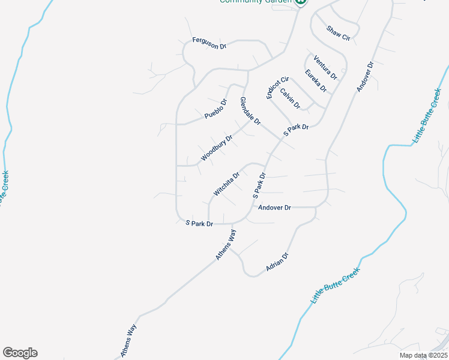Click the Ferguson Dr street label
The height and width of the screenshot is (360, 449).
point(209,43)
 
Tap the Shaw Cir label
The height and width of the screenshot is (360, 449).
point(338,32)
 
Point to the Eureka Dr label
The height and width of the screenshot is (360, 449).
point(315,81)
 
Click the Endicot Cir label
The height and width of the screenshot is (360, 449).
point(278,87)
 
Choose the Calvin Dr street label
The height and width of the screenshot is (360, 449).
point(290,99)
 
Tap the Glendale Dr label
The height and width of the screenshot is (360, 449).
point(250,111)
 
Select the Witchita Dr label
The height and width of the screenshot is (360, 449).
point(226,184)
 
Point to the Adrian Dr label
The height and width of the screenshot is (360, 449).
point(277,263)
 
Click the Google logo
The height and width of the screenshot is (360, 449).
point(20,353)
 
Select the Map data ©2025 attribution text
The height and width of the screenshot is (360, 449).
point(423,355)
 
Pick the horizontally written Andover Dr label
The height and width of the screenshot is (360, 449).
point(274,208)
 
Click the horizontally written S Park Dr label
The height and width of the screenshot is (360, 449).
point(199,223)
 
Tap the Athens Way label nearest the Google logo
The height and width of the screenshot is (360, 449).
point(129,342)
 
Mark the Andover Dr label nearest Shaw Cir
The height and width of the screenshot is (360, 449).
point(365,76)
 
